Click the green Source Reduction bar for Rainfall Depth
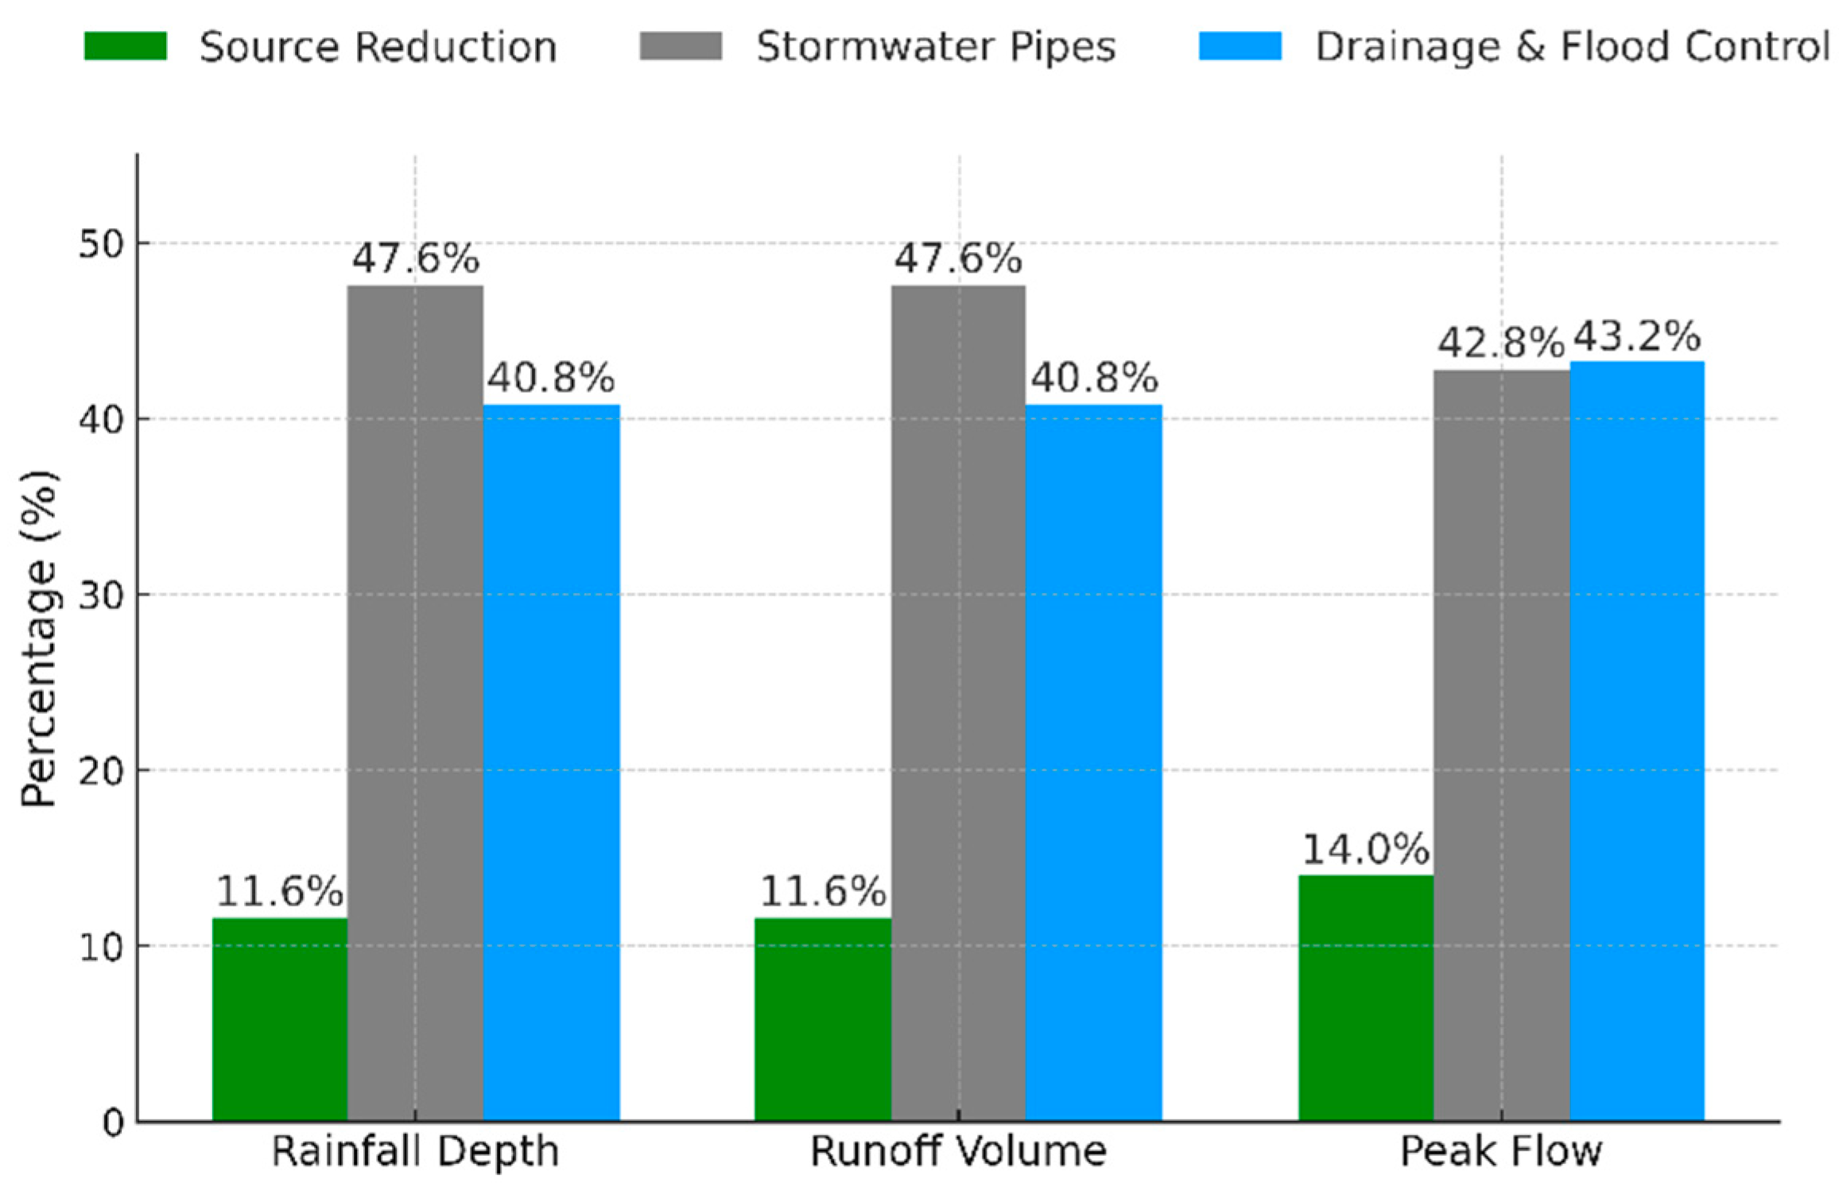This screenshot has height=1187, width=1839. (x=279, y=1019)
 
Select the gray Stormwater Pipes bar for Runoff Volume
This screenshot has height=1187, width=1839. (x=957, y=704)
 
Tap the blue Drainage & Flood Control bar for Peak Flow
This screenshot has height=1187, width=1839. (x=1636, y=741)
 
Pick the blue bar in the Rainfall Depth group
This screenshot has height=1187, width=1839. (x=551, y=763)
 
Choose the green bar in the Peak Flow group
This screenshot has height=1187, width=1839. (x=1365, y=998)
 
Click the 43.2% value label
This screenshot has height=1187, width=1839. (x=1636, y=337)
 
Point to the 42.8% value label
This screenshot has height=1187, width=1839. (x=1500, y=344)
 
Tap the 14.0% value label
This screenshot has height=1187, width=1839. (x=1365, y=850)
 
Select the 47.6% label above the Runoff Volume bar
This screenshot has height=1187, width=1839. (x=957, y=259)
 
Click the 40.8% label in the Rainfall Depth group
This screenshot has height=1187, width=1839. (x=551, y=378)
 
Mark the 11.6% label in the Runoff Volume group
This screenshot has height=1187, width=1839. (x=822, y=892)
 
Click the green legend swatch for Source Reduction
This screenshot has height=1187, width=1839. (x=126, y=46)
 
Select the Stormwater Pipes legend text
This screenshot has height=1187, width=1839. (x=936, y=47)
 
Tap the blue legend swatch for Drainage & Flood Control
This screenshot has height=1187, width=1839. (x=1240, y=46)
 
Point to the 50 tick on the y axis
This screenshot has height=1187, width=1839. (x=102, y=244)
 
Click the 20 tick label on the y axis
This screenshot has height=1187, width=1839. (x=102, y=771)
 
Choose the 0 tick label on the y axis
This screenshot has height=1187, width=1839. (x=113, y=1123)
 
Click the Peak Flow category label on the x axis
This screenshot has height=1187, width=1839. (x=1500, y=1151)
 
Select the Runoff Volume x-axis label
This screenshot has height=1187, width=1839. (x=957, y=1151)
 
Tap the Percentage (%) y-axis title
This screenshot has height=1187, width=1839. (x=38, y=638)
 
